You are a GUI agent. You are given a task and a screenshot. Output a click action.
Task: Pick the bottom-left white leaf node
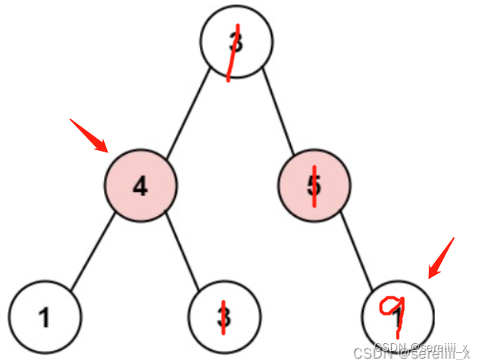pos(45,316)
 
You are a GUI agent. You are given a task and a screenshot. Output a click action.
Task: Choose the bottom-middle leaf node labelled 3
pos(224,316)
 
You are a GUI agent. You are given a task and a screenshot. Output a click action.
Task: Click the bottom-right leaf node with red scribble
pos(398,315)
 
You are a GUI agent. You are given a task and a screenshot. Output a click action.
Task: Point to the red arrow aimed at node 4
pos(90,136)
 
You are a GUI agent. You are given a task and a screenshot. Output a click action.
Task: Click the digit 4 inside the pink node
pos(141,185)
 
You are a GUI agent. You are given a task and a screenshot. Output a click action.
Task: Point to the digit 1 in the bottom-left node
pos(45,317)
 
